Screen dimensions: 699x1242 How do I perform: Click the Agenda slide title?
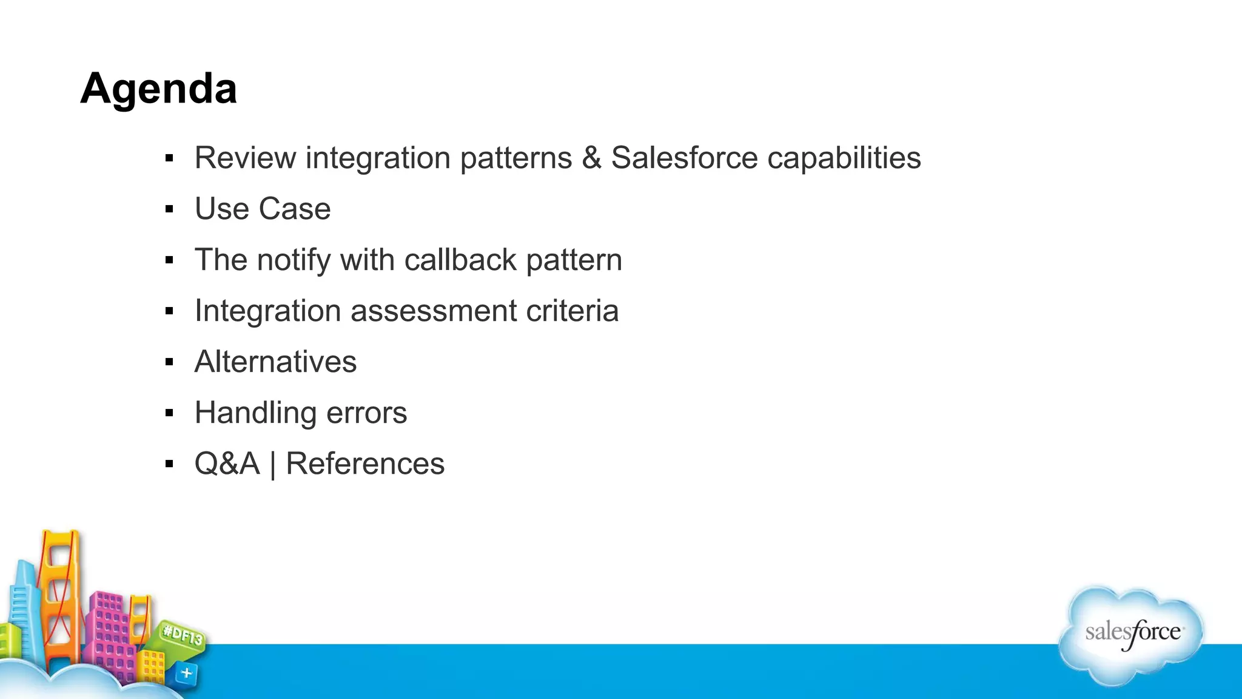(x=158, y=89)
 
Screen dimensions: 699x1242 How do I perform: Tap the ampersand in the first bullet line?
(x=591, y=158)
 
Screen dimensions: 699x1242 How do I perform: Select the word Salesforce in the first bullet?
(x=684, y=158)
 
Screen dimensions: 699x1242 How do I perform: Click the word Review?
(x=245, y=158)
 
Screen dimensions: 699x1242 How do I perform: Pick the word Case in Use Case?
(x=294, y=209)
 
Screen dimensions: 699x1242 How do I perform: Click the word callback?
(x=460, y=260)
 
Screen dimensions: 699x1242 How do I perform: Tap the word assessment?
(x=433, y=311)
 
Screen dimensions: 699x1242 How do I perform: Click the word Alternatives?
(x=275, y=362)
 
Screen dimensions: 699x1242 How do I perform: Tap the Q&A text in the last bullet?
(x=227, y=464)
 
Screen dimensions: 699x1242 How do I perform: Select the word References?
(x=365, y=464)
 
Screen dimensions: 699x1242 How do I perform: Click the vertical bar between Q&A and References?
(x=273, y=465)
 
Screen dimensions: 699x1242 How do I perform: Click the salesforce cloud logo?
(x=1132, y=635)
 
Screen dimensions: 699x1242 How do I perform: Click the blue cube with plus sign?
(x=186, y=673)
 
